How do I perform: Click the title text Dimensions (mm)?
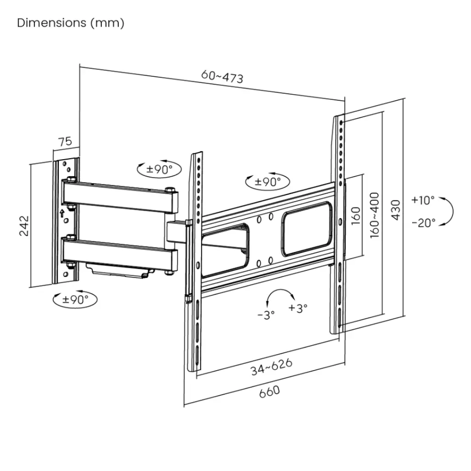[x=70, y=23]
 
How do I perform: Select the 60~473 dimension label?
[x=222, y=76]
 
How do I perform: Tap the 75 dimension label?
[x=65, y=141]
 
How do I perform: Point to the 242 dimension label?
[x=24, y=225]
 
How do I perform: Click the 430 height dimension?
[x=396, y=210]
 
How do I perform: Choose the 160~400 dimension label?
[x=374, y=215]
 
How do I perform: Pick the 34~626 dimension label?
[x=271, y=367]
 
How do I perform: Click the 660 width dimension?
[x=270, y=392]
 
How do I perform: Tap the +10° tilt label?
[x=423, y=200]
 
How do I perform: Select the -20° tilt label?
[x=424, y=223]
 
